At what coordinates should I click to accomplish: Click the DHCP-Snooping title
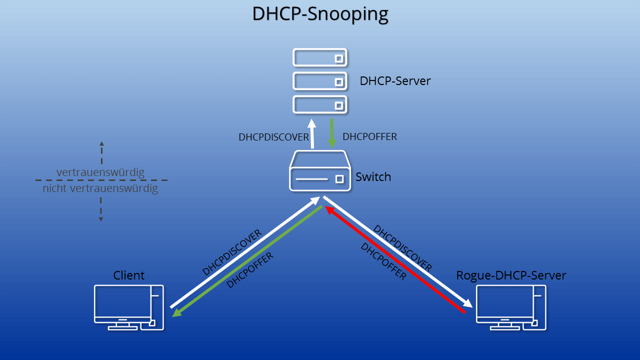click(320, 13)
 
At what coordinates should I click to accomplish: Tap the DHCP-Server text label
click(395, 81)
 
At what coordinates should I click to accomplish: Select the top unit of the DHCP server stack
click(320, 57)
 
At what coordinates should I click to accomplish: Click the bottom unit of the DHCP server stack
click(320, 104)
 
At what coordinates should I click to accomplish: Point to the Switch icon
click(320, 171)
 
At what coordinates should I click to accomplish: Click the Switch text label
click(373, 177)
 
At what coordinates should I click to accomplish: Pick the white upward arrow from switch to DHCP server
click(312, 133)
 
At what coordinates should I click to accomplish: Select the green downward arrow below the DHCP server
click(331, 133)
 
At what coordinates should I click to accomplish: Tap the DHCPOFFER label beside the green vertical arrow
click(369, 136)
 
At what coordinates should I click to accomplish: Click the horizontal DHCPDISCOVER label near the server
click(273, 137)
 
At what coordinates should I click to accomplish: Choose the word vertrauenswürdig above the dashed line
click(100, 172)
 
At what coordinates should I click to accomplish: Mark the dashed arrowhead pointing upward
click(101, 143)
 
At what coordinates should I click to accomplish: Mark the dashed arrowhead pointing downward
click(101, 219)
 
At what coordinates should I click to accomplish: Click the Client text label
click(128, 275)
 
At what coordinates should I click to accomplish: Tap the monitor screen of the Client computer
click(122, 301)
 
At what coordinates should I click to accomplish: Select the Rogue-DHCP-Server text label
click(511, 275)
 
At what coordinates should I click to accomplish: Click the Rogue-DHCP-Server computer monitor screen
click(505, 301)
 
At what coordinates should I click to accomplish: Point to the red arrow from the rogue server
click(395, 259)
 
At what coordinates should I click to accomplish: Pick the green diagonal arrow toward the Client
click(247, 261)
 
